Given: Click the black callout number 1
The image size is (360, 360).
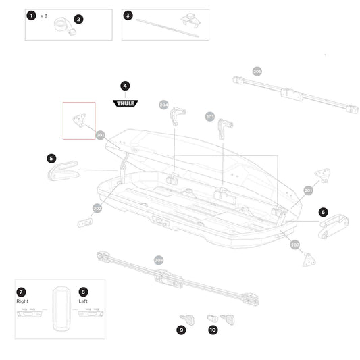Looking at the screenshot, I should [30, 16].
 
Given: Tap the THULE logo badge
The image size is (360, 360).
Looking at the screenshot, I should [124, 103].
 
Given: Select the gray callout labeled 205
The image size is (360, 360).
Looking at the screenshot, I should [257, 71].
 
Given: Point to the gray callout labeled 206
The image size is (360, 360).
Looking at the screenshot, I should [159, 259].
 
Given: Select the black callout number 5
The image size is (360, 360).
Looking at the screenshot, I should [51, 158].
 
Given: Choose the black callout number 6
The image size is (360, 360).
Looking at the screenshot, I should [323, 211].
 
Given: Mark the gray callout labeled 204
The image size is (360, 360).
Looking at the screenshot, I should [163, 105].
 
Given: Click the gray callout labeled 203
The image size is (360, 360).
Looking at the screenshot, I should [209, 116].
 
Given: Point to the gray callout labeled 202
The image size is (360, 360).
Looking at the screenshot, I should [97, 208].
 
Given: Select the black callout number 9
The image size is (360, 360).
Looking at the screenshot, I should [181, 330].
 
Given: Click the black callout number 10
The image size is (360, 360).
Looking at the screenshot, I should [213, 330].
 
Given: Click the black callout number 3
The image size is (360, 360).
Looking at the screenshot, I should [128, 16].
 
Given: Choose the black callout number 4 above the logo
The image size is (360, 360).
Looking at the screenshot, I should [124, 86].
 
